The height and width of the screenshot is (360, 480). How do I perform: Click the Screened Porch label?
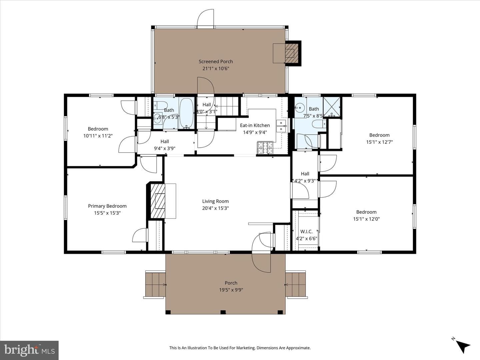coord(216,62)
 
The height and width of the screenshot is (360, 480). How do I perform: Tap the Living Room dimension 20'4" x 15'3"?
coord(215,208)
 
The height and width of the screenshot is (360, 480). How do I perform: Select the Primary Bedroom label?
coord(107,206)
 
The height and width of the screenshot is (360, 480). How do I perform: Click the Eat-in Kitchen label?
coord(255,125)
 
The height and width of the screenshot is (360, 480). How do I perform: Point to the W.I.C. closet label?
coord(306,231)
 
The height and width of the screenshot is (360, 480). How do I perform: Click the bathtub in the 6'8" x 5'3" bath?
coord(186,113)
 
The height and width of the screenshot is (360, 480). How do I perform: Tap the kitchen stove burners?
coord(265,148)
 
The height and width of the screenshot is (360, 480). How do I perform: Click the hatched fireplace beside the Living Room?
coord(158,201)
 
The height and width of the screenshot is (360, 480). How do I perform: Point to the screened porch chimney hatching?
coord(292,53)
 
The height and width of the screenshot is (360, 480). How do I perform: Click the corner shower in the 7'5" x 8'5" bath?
coord(332,107)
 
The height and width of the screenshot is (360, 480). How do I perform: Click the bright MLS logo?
coord(29,350)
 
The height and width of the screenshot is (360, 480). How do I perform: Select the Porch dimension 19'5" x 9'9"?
coord(231,290)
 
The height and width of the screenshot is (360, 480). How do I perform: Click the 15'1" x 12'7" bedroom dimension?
coord(379,142)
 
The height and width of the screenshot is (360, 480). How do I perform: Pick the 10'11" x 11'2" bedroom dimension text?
coord(98,136)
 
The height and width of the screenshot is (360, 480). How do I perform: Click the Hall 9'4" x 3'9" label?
coord(165,145)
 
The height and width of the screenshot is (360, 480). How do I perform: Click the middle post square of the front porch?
coord(223,312)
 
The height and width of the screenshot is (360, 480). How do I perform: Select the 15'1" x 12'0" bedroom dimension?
coord(366,219)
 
